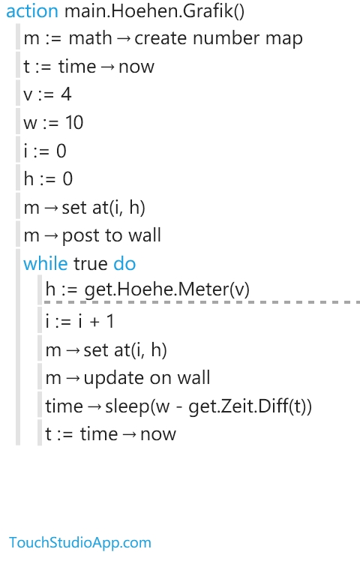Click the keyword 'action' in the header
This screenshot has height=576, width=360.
[32, 11]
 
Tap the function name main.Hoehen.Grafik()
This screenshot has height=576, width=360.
[154, 11]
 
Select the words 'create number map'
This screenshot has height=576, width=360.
[218, 38]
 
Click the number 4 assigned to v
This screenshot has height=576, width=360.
[66, 94]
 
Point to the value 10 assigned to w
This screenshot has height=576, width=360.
[74, 122]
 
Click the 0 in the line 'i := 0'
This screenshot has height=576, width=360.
[61, 151]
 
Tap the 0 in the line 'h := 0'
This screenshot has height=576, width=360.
[67, 179]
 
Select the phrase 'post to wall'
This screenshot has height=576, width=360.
[111, 235]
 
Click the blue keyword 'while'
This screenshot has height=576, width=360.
[46, 263]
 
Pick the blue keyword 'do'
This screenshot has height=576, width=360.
[124, 263]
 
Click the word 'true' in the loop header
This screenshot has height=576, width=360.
[90, 264]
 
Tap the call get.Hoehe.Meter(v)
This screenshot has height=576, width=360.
[167, 289]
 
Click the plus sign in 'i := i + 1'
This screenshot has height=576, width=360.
[94, 322]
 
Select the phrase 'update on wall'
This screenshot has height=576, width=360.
[147, 378]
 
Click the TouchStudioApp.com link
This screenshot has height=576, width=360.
[80, 542]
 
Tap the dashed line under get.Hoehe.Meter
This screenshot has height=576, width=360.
[202, 302]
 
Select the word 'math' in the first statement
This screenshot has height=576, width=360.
[90, 38]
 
